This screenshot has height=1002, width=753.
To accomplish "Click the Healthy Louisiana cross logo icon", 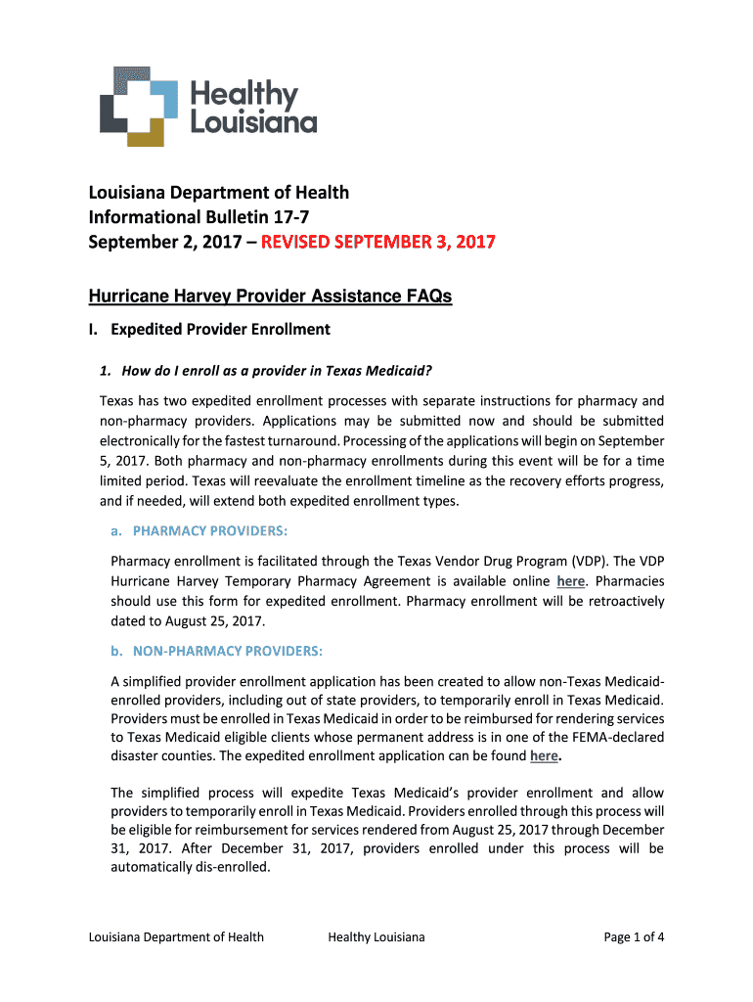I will coord(139,106).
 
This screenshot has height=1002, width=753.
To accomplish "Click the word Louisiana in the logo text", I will coord(253,122).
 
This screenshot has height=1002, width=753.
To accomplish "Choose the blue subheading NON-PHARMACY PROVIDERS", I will coord(228,651).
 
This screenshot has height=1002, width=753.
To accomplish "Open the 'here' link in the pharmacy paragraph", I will coord(570,581).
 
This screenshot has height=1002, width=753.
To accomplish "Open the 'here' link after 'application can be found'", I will coord(544,756).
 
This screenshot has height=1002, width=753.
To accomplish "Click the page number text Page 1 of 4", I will coord(635,937).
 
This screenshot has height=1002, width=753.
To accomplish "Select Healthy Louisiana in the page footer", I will coord(376,937).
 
